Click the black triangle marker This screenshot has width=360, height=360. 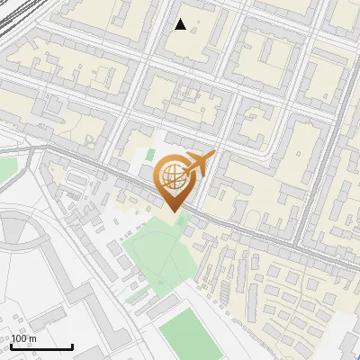(181, 24)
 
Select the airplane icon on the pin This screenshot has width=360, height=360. (198, 164)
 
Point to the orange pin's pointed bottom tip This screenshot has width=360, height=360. (173, 211)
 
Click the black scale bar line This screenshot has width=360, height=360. (41, 346)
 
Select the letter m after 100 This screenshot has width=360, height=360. (33, 338)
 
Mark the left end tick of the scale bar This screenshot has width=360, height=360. (11, 345)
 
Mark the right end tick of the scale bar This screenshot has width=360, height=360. (72, 345)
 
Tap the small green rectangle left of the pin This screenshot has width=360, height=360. (149, 156)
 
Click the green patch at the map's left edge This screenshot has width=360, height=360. (7, 169)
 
